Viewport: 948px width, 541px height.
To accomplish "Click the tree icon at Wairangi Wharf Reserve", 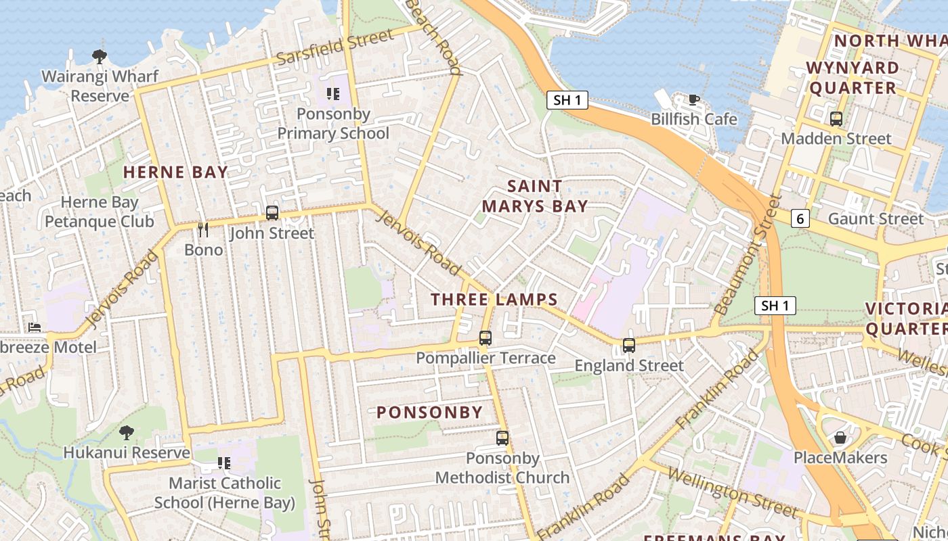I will pyautogui.click(x=100, y=56).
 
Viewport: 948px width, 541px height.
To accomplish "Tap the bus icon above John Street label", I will pyautogui.click(x=272, y=213).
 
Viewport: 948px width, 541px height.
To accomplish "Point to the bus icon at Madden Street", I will pyautogui.click(x=836, y=119).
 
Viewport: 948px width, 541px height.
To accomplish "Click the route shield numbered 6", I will pyautogui.click(x=800, y=218).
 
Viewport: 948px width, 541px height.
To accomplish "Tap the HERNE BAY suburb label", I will pyautogui.click(x=175, y=172).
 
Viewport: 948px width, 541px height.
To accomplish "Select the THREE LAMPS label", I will pyautogui.click(x=494, y=300).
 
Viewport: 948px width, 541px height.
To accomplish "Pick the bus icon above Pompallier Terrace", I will pyautogui.click(x=486, y=338).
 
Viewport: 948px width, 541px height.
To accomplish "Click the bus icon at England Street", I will pyautogui.click(x=629, y=346).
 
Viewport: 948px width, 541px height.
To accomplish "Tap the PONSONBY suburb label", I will pyautogui.click(x=429, y=412).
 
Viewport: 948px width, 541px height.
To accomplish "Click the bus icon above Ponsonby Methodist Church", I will pyautogui.click(x=502, y=438).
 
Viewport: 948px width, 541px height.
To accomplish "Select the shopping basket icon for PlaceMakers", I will pyautogui.click(x=840, y=438).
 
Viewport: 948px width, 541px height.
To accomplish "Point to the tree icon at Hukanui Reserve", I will pyautogui.click(x=127, y=432).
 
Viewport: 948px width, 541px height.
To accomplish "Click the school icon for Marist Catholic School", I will pyautogui.click(x=224, y=463).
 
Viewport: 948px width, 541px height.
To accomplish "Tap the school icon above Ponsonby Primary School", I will pyautogui.click(x=332, y=93).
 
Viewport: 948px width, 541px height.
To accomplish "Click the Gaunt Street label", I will pyautogui.click(x=876, y=218).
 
